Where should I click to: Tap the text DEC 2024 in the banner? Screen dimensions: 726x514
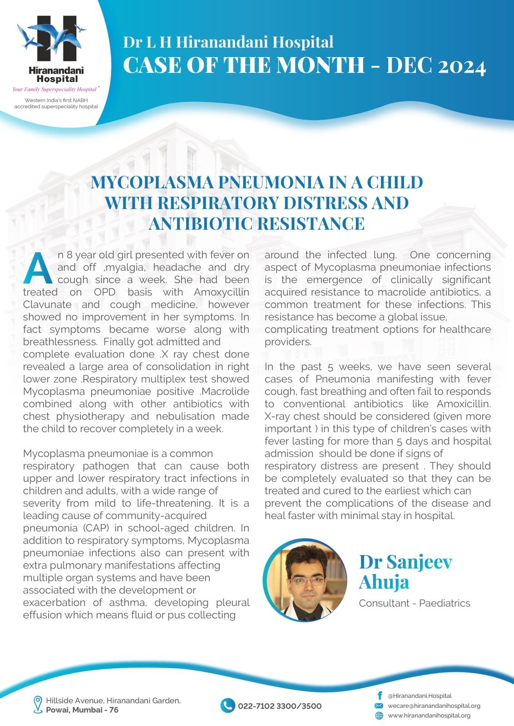(436, 66)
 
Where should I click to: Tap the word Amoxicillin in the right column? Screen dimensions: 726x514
(464, 404)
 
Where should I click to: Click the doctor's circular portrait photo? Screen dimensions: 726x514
(305, 580)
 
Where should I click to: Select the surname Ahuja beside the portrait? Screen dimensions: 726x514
(384, 582)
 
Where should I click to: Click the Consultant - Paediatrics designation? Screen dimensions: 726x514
(414, 603)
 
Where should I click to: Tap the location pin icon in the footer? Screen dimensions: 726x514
(38, 705)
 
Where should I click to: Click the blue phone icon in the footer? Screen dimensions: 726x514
(227, 706)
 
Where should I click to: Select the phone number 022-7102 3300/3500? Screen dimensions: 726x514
(279, 706)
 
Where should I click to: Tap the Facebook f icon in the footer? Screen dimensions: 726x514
(379, 696)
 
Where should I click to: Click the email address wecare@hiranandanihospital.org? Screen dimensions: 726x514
(434, 706)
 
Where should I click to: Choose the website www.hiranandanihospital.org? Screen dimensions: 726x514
(429, 716)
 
